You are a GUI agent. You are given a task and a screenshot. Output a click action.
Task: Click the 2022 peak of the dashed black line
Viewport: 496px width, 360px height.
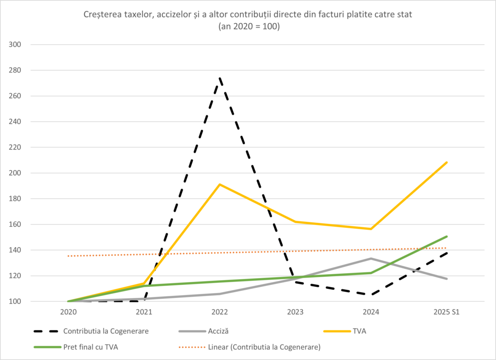220,78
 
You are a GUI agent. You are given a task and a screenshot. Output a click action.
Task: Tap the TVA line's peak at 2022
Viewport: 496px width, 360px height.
220,184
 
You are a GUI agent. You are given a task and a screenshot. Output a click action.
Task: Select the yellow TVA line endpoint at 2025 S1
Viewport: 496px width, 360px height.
447,162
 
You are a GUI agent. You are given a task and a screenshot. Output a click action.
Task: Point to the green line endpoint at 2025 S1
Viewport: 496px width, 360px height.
447,236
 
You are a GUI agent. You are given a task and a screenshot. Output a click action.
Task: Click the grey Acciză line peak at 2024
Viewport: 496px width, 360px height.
371,258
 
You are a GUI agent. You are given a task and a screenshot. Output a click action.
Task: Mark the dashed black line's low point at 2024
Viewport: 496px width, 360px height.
371,295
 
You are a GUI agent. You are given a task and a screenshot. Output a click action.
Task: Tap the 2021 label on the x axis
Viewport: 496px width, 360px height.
144,313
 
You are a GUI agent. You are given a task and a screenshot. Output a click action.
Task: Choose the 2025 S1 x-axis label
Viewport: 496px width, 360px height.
447,313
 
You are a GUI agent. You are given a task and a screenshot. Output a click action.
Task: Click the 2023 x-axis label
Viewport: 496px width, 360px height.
295,313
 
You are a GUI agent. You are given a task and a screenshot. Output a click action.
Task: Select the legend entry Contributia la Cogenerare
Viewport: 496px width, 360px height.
106,331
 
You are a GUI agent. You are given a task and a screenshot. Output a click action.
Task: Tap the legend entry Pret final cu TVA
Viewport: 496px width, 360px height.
91,347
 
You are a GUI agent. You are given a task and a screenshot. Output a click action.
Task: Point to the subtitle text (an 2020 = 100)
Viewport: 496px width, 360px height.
248,27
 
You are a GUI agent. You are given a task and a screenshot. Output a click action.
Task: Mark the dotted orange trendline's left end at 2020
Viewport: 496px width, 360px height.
69,256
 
